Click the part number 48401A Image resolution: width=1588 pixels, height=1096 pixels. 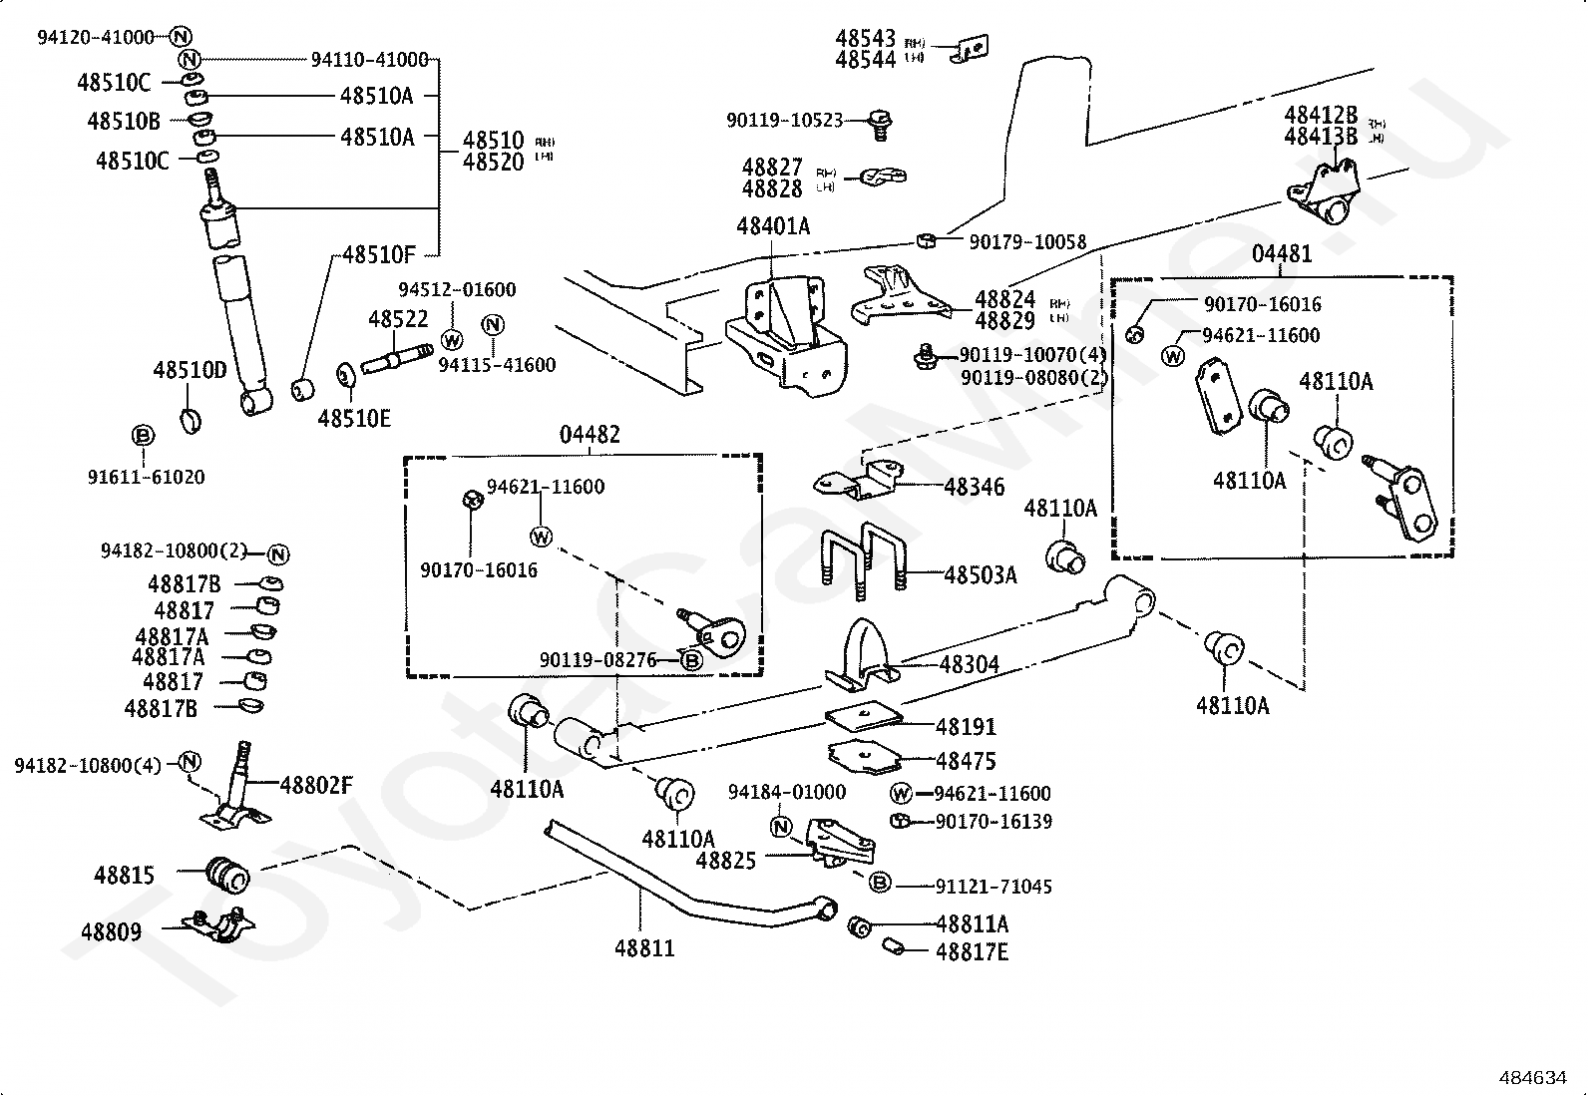tap(773, 227)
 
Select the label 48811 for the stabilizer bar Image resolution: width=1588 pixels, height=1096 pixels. tap(644, 947)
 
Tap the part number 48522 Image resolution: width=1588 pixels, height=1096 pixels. tap(397, 319)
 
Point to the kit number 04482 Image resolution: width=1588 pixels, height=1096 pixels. tap(590, 435)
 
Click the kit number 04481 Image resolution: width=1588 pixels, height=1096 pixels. tap(1282, 254)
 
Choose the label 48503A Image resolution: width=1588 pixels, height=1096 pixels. tap(980, 575)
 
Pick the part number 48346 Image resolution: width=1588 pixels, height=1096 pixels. tap(974, 487)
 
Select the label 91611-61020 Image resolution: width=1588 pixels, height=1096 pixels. tap(146, 477)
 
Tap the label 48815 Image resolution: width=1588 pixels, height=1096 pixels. tap(125, 876)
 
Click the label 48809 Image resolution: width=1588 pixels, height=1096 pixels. tap(111, 932)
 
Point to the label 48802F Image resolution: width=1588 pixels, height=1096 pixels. tap(315, 785)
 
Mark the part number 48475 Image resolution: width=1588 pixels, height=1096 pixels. tap(966, 761)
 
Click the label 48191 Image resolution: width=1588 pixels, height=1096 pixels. tap(966, 727)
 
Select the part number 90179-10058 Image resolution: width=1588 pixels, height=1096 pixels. tap(1027, 242)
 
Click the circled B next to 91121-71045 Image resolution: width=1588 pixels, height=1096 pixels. tap(880, 882)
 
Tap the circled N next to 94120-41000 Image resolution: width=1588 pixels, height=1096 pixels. tap(180, 37)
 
